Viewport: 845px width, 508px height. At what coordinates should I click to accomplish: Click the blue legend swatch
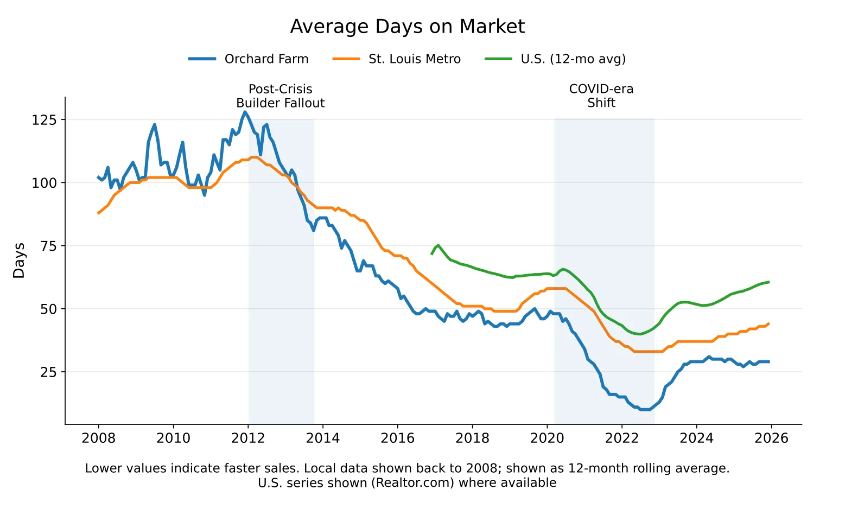[x=202, y=59]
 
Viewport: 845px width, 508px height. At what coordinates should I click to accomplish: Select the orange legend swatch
[x=345, y=59]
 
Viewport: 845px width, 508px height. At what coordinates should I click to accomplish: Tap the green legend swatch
[x=497, y=59]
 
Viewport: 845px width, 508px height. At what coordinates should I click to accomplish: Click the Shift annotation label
[x=601, y=103]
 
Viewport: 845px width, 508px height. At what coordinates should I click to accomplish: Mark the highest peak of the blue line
[x=245, y=112]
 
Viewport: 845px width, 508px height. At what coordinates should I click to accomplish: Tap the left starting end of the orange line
[x=98, y=213]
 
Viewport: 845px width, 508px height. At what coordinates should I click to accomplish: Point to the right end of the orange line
[x=769, y=323]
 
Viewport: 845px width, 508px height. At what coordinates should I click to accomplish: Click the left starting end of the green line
[x=432, y=254]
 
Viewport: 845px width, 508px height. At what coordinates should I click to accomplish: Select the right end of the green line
[x=769, y=282]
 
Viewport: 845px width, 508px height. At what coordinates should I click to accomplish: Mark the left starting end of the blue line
[x=98, y=177]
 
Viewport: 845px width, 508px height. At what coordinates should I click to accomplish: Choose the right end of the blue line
[x=769, y=361]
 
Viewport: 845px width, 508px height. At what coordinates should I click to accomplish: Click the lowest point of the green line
[x=640, y=334]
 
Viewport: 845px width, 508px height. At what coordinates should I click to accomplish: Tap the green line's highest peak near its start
[x=439, y=245]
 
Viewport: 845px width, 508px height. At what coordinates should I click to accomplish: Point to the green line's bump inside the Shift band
[x=563, y=269]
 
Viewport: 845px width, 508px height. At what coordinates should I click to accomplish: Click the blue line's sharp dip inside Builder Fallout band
[x=261, y=155]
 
